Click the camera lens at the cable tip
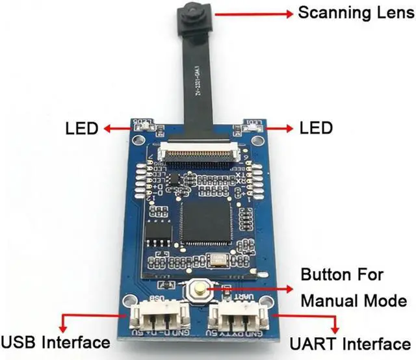click(192, 12)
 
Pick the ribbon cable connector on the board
click(198, 149)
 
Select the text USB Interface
click(55, 342)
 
